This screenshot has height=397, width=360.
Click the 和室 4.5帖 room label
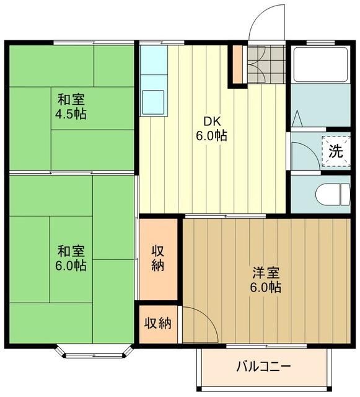coord(72,106)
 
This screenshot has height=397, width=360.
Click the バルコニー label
coord(263,365)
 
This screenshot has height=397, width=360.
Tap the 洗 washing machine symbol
coord(335,149)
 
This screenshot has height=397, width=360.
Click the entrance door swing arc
coord(265,22)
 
